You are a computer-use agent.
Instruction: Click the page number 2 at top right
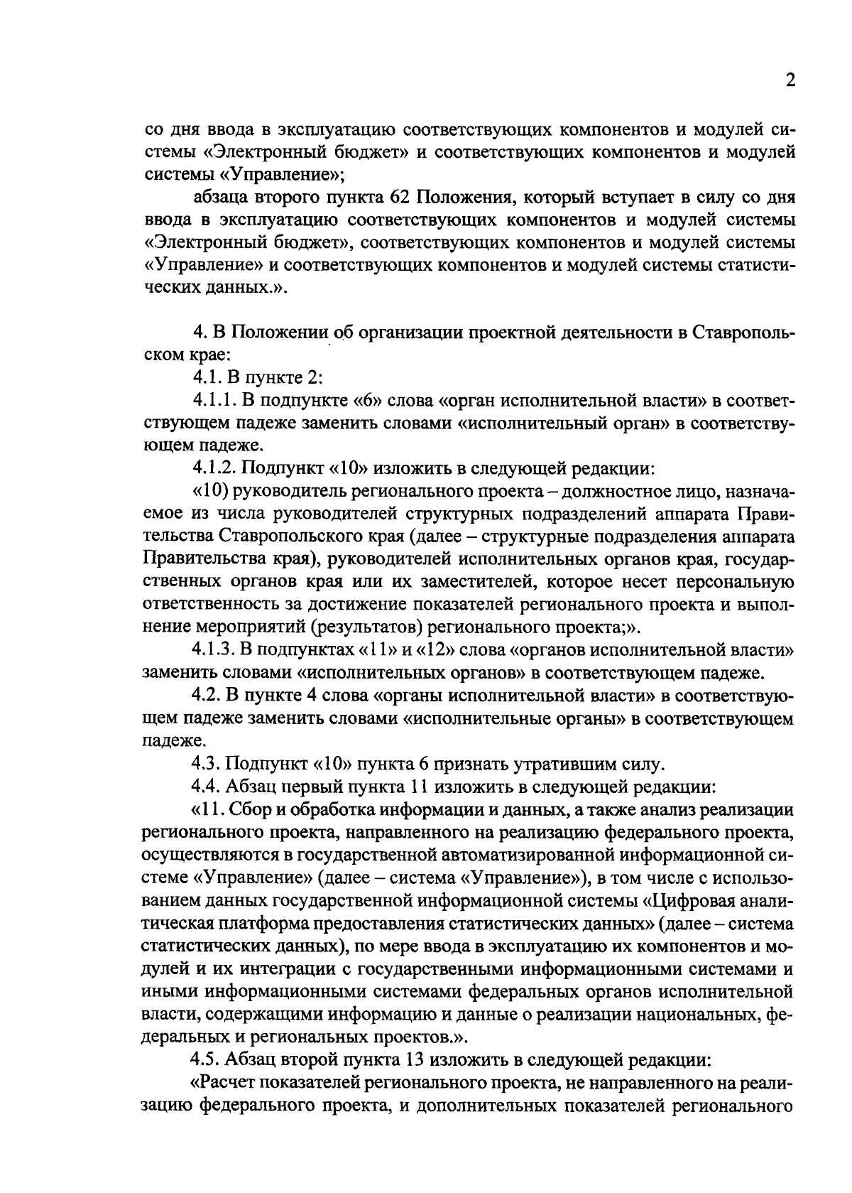790,80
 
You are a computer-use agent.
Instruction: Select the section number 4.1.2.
214,468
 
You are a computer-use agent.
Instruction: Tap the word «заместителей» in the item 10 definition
459,582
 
